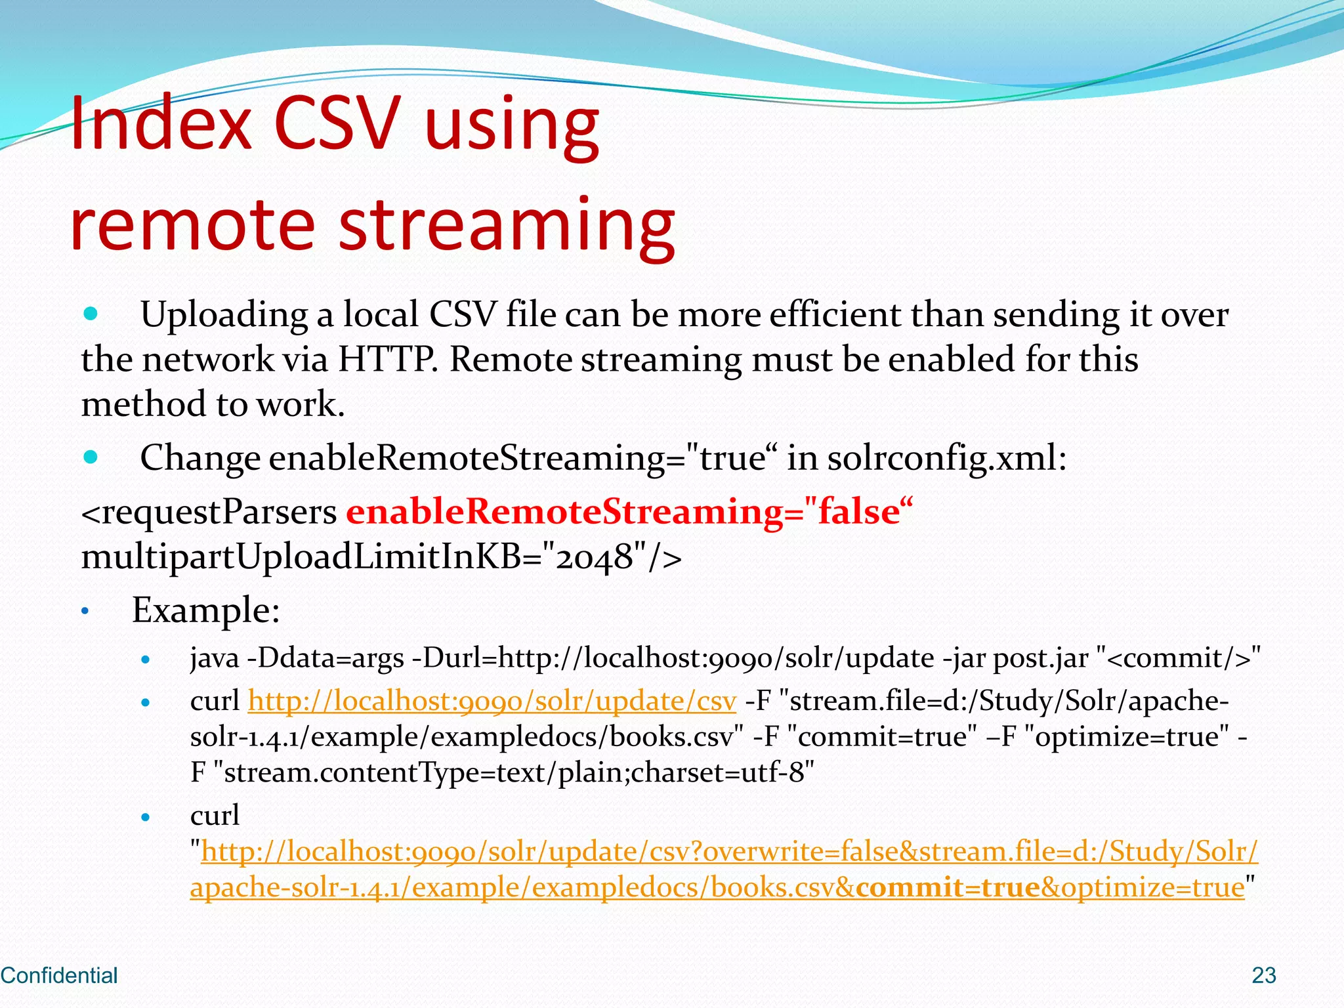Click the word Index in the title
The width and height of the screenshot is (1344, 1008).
161,123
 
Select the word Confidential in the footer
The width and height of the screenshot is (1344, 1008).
59,975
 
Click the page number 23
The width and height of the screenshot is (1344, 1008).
1263,975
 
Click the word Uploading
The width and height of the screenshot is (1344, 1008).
224,314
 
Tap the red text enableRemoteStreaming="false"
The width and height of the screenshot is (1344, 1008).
629,511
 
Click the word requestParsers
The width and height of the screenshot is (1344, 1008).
209,513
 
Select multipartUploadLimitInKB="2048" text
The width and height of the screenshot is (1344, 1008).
381,557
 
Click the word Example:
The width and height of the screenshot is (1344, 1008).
206,610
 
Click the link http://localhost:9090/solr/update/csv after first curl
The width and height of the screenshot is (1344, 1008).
492,701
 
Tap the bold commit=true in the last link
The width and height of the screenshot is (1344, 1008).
948,887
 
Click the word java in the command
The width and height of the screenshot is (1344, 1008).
214,658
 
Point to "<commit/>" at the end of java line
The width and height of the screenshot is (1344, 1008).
1179,658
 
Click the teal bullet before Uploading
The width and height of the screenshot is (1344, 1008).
91,314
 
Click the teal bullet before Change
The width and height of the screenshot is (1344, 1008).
91,457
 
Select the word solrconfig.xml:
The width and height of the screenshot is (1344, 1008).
946,458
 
